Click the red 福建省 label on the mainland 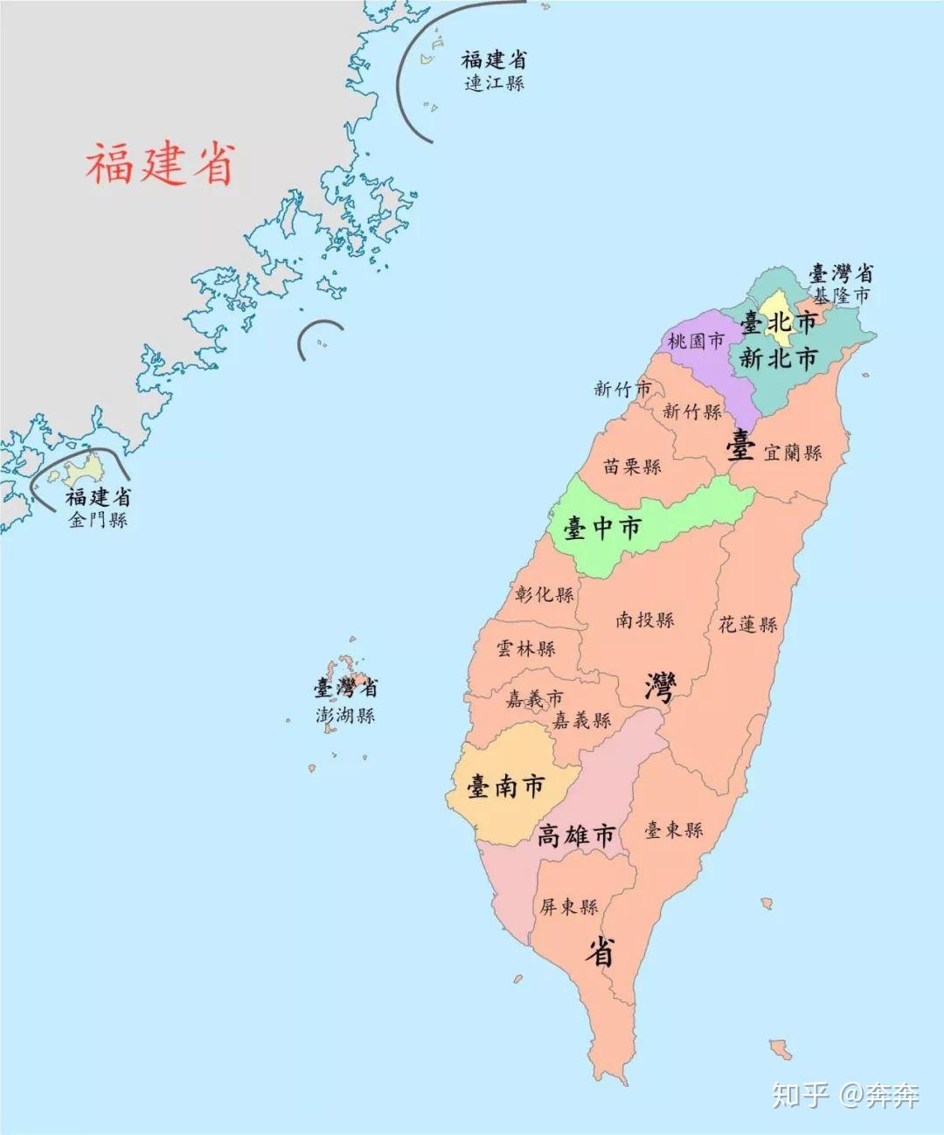click(x=160, y=164)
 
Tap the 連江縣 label click(x=495, y=84)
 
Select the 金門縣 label click(x=99, y=520)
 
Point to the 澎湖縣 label click(x=345, y=715)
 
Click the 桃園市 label click(x=696, y=341)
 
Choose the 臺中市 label click(x=602, y=527)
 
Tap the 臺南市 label click(x=505, y=786)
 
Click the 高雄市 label click(x=576, y=835)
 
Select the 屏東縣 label click(x=568, y=907)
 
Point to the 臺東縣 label click(x=674, y=829)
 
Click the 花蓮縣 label click(x=748, y=624)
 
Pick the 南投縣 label click(x=645, y=619)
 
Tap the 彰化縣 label click(x=545, y=594)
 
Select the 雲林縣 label click(x=526, y=648)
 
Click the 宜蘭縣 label click(x=793, y=453)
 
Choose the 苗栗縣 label click(x=632, y=466)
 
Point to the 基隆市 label click(x=842, y=295)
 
